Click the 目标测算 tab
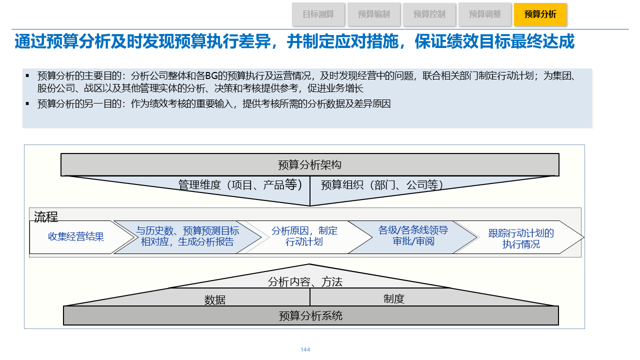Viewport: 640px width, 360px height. pyautogui.click(x=318, y=14)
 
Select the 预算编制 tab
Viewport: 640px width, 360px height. pyautogui.click(x=373, y=14)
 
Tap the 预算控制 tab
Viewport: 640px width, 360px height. pyautogui.click(x=429, y=14)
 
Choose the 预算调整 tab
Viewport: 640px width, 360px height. pyautogui.click(x=484, y=14)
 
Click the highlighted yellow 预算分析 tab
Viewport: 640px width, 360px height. pyautogui.click(x=540, y=14)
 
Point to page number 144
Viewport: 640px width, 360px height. pyautogui.click(x=305, y=349)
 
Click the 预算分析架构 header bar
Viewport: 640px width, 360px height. pyautogui.click(x=309, y=165)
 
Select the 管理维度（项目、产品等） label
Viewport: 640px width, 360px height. pyautogui.click(x=240, y=185)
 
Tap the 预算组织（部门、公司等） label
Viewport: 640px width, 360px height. pyautogui.click(x=382, y=185)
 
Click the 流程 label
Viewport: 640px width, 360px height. pyautogui.click(x=46, y=217)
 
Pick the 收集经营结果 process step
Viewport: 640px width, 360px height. pyautogui.click(x=76, y=237)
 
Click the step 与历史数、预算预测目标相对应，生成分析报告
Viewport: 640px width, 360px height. pyautogui.click(x=187, y=237)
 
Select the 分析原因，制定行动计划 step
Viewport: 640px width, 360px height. pyautogui.click(x=304, y=236)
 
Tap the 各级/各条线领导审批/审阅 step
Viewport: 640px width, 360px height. pyautogui.click(x=413, y=236)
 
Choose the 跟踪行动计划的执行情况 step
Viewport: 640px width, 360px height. pyautogui.click(x=521, y=239)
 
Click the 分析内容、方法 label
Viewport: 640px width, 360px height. pyautogui.click(x=305, y=282)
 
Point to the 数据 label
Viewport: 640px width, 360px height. pyautogui.click(x=215, y=300)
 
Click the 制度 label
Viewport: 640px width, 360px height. pyautogui.click(x=394, y=299)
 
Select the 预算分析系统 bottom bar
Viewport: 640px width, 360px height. pyautogui.click(x=310, y=316)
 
